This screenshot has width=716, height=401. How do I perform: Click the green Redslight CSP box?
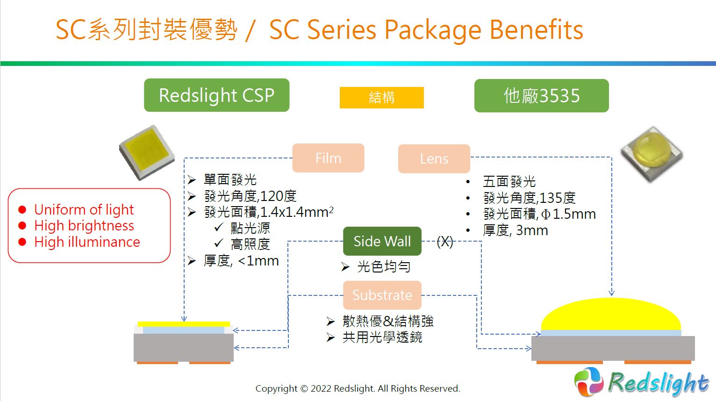pos(217,95)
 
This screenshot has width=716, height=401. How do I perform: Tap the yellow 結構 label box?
pos(382,98)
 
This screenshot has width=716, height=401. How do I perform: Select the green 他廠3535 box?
pos(542,95)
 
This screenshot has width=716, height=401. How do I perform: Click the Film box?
pos(328,158)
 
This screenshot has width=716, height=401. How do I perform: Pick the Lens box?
pos(434,159)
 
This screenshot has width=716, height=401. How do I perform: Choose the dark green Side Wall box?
pos(382,241)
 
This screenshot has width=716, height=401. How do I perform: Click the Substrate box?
pos(382,295)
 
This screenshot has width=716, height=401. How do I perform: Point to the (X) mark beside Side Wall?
pos(445,242)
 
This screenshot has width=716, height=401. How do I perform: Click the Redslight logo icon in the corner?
pos(589,382)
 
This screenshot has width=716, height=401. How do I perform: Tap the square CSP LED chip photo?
pos(147,152)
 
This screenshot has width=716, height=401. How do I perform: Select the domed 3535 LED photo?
pos(652,154)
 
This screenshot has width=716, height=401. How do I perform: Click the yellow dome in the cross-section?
pos(611,314)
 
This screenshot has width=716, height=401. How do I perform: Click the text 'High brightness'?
pos(84,226)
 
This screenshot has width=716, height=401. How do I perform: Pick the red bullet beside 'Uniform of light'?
pos(22,209)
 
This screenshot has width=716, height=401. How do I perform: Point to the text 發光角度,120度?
pos(251,196)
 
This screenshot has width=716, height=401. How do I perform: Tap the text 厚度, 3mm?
pos(516,230)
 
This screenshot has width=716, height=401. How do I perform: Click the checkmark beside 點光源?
pos(219,227)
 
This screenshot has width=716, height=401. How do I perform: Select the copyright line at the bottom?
pos(358,388)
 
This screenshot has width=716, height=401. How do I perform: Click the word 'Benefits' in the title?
pos(537,30)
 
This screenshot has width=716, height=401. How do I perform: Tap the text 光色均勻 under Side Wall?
pos(384,266)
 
